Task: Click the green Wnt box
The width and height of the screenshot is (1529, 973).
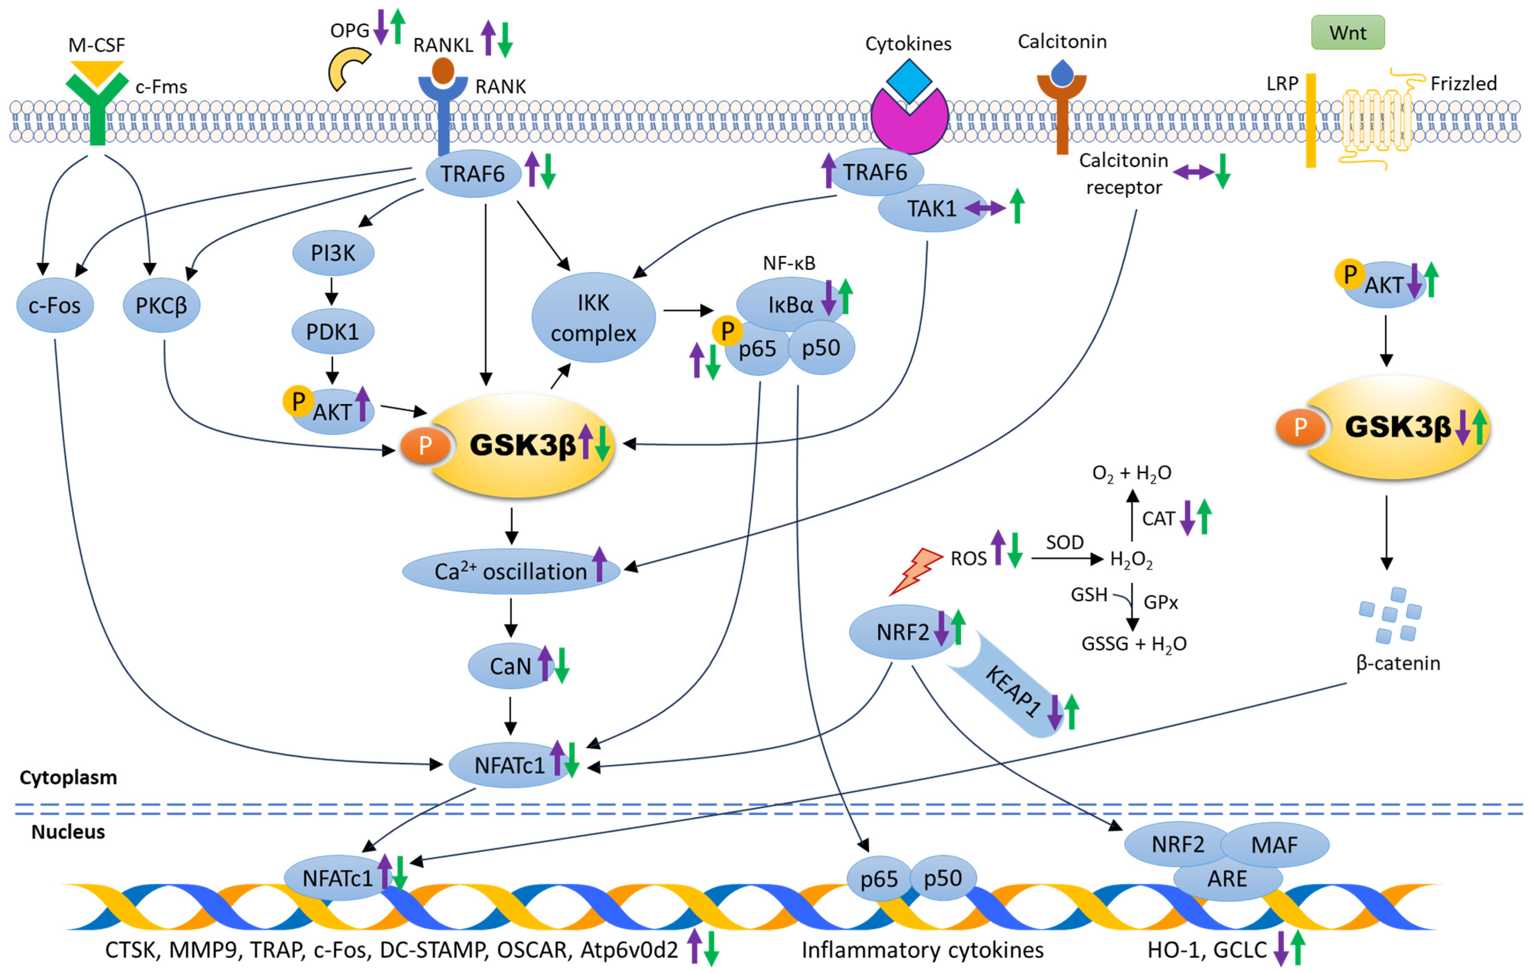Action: [1348, 32]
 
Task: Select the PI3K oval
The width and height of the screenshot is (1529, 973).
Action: [333, 253]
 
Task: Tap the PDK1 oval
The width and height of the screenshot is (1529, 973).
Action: [333, 331]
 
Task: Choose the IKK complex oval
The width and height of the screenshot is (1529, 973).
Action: [593, 317]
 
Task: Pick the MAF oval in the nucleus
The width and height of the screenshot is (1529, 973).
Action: [1274, 845]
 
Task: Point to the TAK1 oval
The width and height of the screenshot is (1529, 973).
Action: [931, 208]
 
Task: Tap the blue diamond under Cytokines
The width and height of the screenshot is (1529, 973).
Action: [909, 81]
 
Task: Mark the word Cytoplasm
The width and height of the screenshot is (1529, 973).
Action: [68, 777]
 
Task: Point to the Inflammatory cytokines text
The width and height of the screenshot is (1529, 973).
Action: [922, 949]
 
